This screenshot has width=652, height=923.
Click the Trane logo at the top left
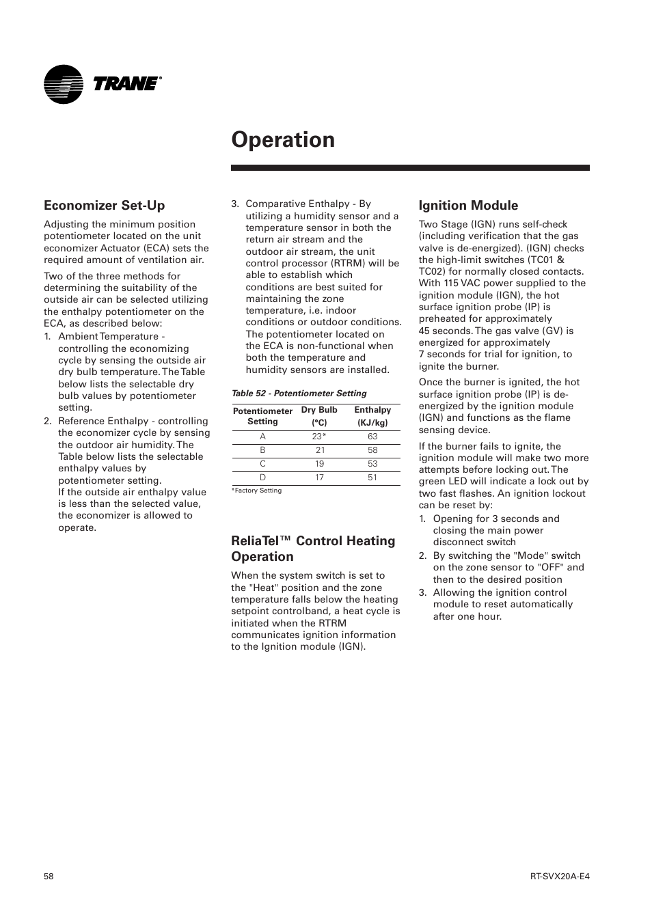click(x=103, y=84)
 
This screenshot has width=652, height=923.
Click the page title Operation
click(x=283, y=139)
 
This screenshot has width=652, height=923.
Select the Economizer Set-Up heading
click(x=104, y=206)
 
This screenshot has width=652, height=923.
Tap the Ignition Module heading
click(x=468, y=206)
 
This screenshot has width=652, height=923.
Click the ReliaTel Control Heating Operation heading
click(x=313, y=549)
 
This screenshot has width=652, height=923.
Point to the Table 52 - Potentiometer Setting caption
click(x=299, y=394)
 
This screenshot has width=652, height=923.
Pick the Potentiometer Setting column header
click(x=262, y=416)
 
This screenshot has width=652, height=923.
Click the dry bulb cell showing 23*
click(x=319, y=437)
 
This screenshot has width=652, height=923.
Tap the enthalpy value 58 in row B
click(x=372, y=450)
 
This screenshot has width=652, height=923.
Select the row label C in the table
click(x=262, y=464)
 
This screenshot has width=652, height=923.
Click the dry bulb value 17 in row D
click(x=319, y=478)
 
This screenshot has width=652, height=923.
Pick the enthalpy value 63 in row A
click(x=372, y=437)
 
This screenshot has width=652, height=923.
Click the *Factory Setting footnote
click(x=256, y=491)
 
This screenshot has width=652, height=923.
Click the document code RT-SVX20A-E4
click(x=560, y=877)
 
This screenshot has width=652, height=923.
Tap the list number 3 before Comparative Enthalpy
click(x=234, y=204)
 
